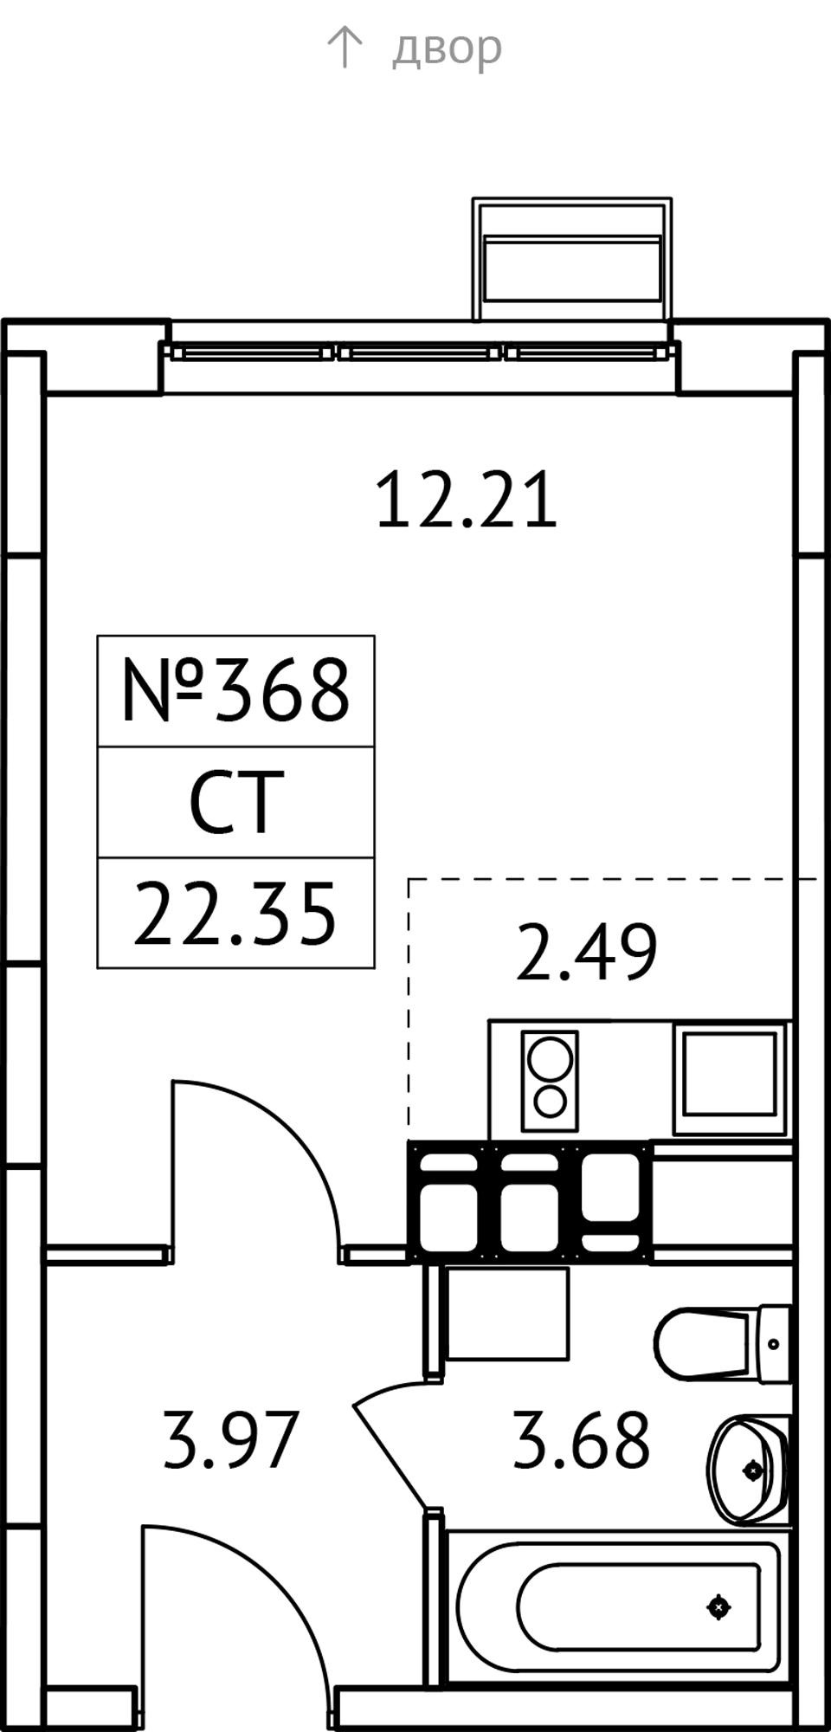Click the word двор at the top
[x=447, y=48]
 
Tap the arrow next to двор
[x=344, y=47]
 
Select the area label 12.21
[x=467, y=500]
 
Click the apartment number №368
[x=235, y=690]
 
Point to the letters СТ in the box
[x=236, y=803]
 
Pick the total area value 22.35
[x=235, y=914]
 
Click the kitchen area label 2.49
[x=586, y=953]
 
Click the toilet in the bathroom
[x=722, y=1344]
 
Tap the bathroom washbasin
[x=749, y=1470]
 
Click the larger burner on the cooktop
[x=550, y=1058]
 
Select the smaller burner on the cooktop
[x=550, y=1102]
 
